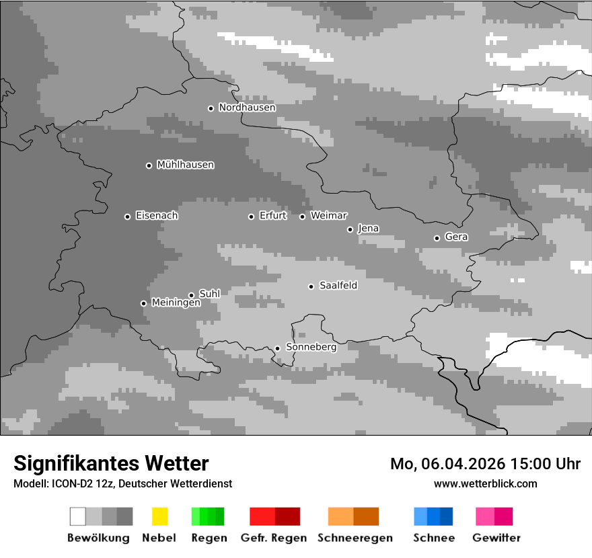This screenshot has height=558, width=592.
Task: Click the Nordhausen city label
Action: [x=247, y=108]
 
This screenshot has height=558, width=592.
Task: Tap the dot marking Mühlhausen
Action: [x=149, y=165]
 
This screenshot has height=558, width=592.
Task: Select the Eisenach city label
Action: [x=157, y=216]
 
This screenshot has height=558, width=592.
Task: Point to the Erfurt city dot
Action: [x=251, y=216]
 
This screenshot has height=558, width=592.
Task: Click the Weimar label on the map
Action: [x=328, y=216]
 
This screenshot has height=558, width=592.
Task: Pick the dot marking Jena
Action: [x=350, y=229]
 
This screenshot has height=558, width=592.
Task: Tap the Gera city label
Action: [x=456, y=237]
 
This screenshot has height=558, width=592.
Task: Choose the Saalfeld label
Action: [x=338, y=286]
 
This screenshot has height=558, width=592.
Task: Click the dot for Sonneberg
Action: [x=277, y=348]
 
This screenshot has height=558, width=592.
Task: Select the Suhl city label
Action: [x=209, y=294]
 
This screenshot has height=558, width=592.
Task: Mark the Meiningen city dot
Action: [x=143, y=303]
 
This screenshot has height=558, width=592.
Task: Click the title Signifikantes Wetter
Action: [x=111, y=464]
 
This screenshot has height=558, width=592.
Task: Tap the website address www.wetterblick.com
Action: [x=485, y=484]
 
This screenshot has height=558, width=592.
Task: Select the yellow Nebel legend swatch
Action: [x=159, y=516]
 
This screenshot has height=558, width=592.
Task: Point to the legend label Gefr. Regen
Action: [x=274, y=539]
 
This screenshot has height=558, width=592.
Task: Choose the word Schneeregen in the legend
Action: [x=355, y=539]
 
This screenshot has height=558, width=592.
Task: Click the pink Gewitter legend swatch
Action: [x=485, y=516]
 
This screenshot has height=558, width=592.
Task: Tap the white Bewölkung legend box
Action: [x=78, y=516]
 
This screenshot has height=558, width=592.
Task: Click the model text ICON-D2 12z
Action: [x=75, y=484]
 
